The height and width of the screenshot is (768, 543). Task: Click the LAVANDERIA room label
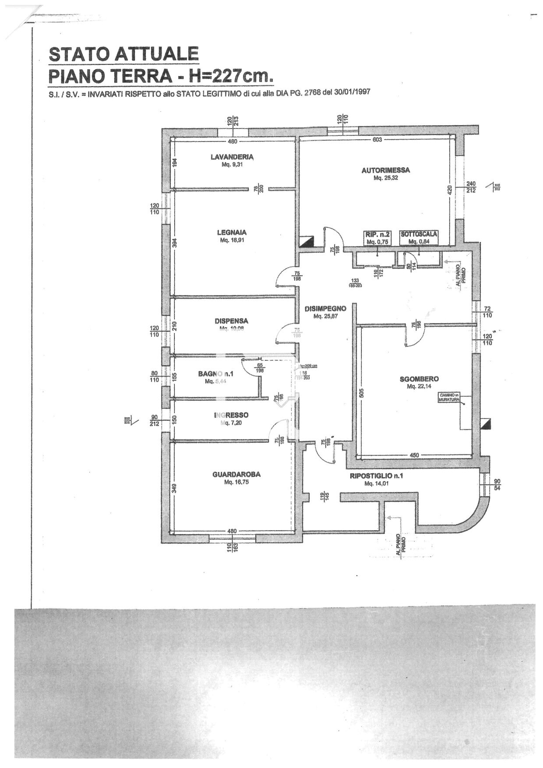(232, 157)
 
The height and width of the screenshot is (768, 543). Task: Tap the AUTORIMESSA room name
(385, 170)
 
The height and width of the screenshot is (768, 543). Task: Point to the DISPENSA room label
(231, 321)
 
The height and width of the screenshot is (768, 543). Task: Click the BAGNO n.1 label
(216, 374)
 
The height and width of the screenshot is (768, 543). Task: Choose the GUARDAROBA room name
(236, 474)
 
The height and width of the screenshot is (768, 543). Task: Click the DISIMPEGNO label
(325, 309)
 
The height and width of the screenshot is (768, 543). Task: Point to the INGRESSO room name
(231, 415)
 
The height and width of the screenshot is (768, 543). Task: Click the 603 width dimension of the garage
(377, 140)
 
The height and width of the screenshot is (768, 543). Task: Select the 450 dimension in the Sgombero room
(414, 455)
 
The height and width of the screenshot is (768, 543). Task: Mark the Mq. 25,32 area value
(385, 178)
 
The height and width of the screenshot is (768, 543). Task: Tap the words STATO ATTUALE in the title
(124, 54)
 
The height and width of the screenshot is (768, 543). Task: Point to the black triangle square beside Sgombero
(485, 423)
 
